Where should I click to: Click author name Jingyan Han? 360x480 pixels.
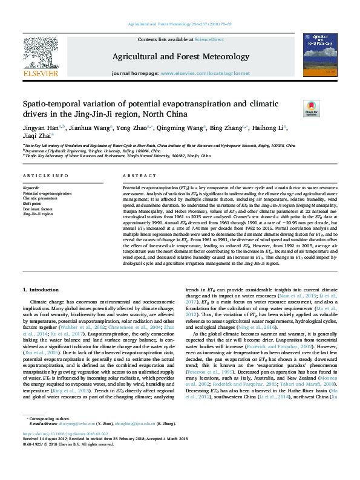40,128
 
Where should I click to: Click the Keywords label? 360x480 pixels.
31,188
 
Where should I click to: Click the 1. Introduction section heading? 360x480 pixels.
41,290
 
